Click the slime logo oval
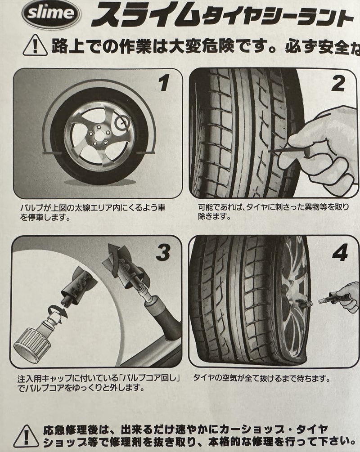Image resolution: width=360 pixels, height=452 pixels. click(51, 14)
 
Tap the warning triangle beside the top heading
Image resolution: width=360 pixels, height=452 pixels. click(35, 45)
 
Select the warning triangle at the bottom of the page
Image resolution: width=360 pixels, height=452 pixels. click(26, 436)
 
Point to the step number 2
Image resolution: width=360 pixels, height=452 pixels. click(338, 84)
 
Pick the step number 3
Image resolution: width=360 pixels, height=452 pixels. click(163, 253)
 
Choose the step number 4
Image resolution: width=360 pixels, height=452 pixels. click(340, 253)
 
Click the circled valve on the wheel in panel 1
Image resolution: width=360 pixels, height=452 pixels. click(122, 123)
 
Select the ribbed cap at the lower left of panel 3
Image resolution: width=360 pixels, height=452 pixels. click(27, 342)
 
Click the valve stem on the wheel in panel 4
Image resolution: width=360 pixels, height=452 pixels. click(304, 304)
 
